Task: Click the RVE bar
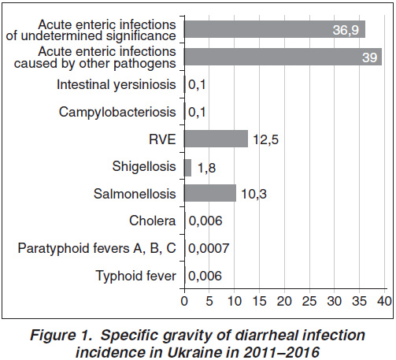216,139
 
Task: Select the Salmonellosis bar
210,193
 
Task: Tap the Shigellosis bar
187,168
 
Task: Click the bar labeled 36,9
275,29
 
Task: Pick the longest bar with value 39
283,57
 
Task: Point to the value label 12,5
265,139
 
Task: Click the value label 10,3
254,194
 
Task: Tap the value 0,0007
209,248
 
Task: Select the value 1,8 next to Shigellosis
207,168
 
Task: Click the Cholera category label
153,221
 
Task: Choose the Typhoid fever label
136,276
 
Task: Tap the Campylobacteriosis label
117,112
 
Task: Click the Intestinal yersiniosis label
117,85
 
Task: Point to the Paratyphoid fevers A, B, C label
97,248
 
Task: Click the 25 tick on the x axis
309,302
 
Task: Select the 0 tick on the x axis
184,302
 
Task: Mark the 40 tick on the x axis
384,302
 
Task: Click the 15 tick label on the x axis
259,302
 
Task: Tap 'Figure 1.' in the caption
61,336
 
